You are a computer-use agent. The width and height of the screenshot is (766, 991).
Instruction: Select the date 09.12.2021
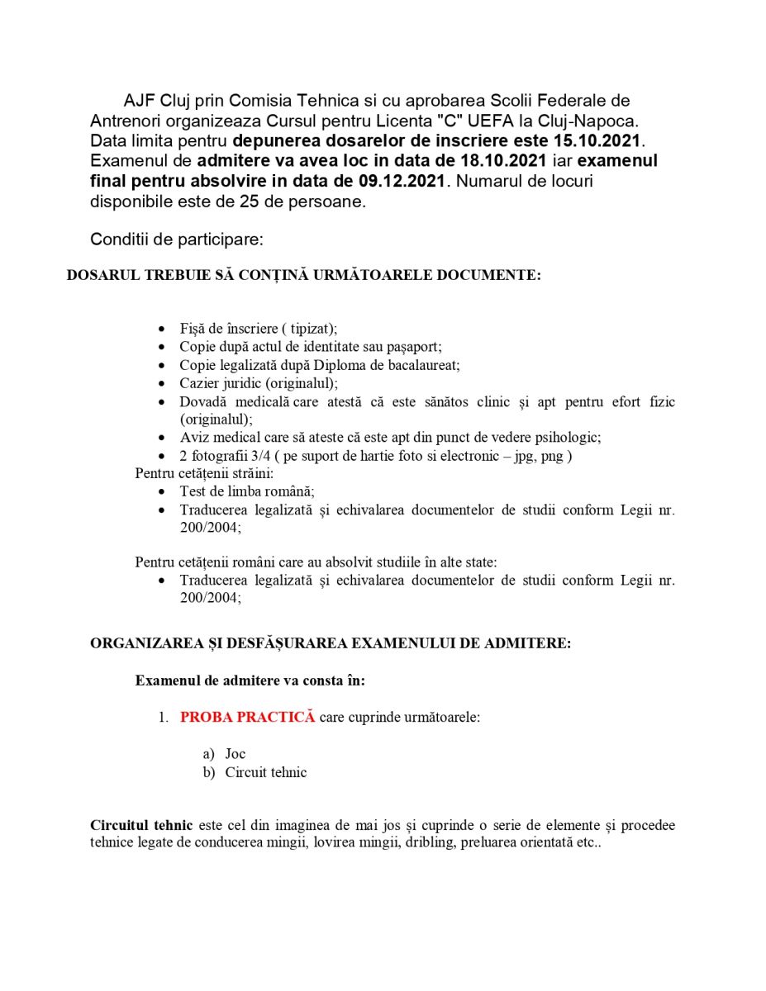[404, 181]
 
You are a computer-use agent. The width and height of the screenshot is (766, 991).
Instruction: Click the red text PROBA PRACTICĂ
[248, 717]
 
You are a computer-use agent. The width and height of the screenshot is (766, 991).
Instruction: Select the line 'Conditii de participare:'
[176, 239]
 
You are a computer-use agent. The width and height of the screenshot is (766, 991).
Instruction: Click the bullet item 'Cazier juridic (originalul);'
[259, 383]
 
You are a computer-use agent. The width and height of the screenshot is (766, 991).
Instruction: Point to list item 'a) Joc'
[235, 753]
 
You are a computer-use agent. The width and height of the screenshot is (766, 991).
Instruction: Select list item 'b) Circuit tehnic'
[264, 772]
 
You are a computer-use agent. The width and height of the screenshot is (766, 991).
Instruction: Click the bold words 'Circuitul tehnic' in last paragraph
[141, 826]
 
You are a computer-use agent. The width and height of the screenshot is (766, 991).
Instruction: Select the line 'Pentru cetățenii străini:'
[204, 473]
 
